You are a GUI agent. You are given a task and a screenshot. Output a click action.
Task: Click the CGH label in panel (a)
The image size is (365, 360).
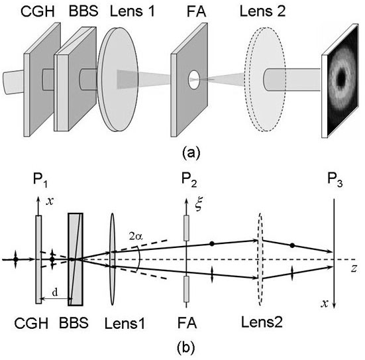click(38, 11)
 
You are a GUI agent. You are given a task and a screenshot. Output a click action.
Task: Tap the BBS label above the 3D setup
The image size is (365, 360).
click(83, 11)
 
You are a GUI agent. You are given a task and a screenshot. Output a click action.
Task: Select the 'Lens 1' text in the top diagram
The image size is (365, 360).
click(132, 11)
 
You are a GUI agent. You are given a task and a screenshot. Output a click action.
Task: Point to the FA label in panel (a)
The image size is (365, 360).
click(197, 11)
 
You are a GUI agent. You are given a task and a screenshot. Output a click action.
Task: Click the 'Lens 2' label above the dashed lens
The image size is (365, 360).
click(262, 11)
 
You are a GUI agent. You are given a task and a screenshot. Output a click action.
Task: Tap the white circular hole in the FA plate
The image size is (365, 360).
click(194, 80)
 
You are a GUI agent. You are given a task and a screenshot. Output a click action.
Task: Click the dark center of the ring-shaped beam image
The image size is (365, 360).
click(341, 76)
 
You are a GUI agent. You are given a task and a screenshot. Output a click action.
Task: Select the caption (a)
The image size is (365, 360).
click(191, 152)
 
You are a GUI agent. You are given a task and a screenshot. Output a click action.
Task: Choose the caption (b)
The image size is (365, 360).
click(185, 347)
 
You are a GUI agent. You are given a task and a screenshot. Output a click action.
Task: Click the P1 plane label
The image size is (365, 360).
click(40, 180)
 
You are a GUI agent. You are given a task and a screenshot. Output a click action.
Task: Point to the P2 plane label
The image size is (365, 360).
click(189, 180)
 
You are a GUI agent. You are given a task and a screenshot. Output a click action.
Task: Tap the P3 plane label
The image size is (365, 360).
click(335, 180)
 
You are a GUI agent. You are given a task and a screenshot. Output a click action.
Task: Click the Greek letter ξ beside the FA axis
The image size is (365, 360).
click(199, 204)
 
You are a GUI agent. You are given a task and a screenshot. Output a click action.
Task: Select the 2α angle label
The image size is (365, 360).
click(136, 237)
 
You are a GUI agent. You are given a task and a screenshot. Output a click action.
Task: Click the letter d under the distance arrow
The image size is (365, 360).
click(55, 292)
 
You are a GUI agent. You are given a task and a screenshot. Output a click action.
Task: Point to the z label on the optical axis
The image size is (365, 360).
click(354, 269)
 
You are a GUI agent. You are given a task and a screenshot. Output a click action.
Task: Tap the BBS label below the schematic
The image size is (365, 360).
click(74, 323)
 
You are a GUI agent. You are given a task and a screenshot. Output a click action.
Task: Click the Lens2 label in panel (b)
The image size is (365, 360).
click(262, 322)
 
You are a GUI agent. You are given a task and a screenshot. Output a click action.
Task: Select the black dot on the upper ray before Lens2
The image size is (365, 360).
click(211, 244)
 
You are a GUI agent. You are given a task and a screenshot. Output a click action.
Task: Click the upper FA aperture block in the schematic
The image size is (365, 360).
click(186, 228)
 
